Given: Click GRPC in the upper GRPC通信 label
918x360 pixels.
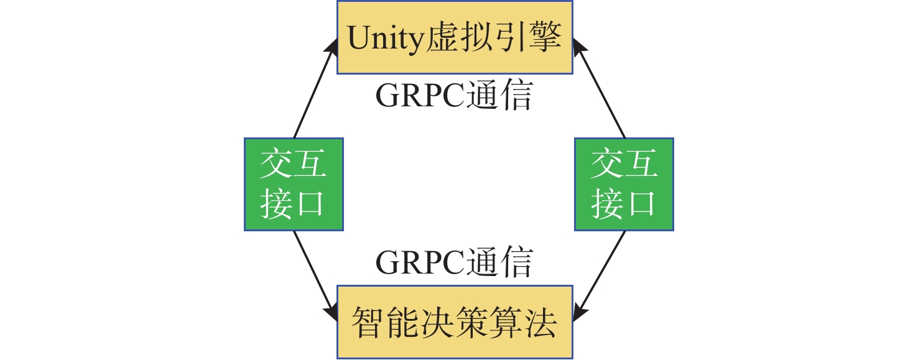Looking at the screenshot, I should pyautogui.click(x=419, y=97).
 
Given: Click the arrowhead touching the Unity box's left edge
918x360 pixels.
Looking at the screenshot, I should pyautogui.click(x=332, y=47).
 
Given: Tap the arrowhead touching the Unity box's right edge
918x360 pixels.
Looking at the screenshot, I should pyautogui.click(x=578, y=47).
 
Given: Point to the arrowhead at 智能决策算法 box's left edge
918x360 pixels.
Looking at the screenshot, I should pyautogui.click(x=331, y=312).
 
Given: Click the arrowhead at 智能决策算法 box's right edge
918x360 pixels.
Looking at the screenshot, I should pyautogui.click(x=578, y=312).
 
